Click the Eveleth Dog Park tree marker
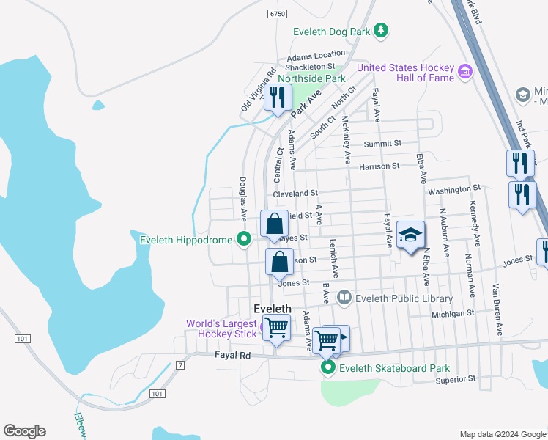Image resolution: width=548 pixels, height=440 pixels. point(380,30)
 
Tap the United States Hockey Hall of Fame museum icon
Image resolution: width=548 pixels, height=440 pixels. point(464,72)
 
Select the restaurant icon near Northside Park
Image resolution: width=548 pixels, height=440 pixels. point(277,98)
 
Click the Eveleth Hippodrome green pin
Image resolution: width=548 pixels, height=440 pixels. point(244,238)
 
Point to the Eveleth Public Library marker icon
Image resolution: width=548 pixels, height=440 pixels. point(344,298)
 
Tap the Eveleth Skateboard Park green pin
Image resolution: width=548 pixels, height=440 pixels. point(329,368)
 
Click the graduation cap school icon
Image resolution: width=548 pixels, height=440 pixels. point(410,235)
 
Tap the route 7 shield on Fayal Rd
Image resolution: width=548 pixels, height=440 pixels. point(180,364)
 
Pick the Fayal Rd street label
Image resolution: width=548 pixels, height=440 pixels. point(233,356)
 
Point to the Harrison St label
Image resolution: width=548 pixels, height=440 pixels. point(379,166)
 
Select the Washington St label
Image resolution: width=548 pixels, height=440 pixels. point(454,190)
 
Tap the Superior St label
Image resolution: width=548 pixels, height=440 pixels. point(456,379)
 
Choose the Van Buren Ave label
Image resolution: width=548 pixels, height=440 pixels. point(497,310)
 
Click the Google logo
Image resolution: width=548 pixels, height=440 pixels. point(24,431)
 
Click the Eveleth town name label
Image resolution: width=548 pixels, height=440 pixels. point(273,309)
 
